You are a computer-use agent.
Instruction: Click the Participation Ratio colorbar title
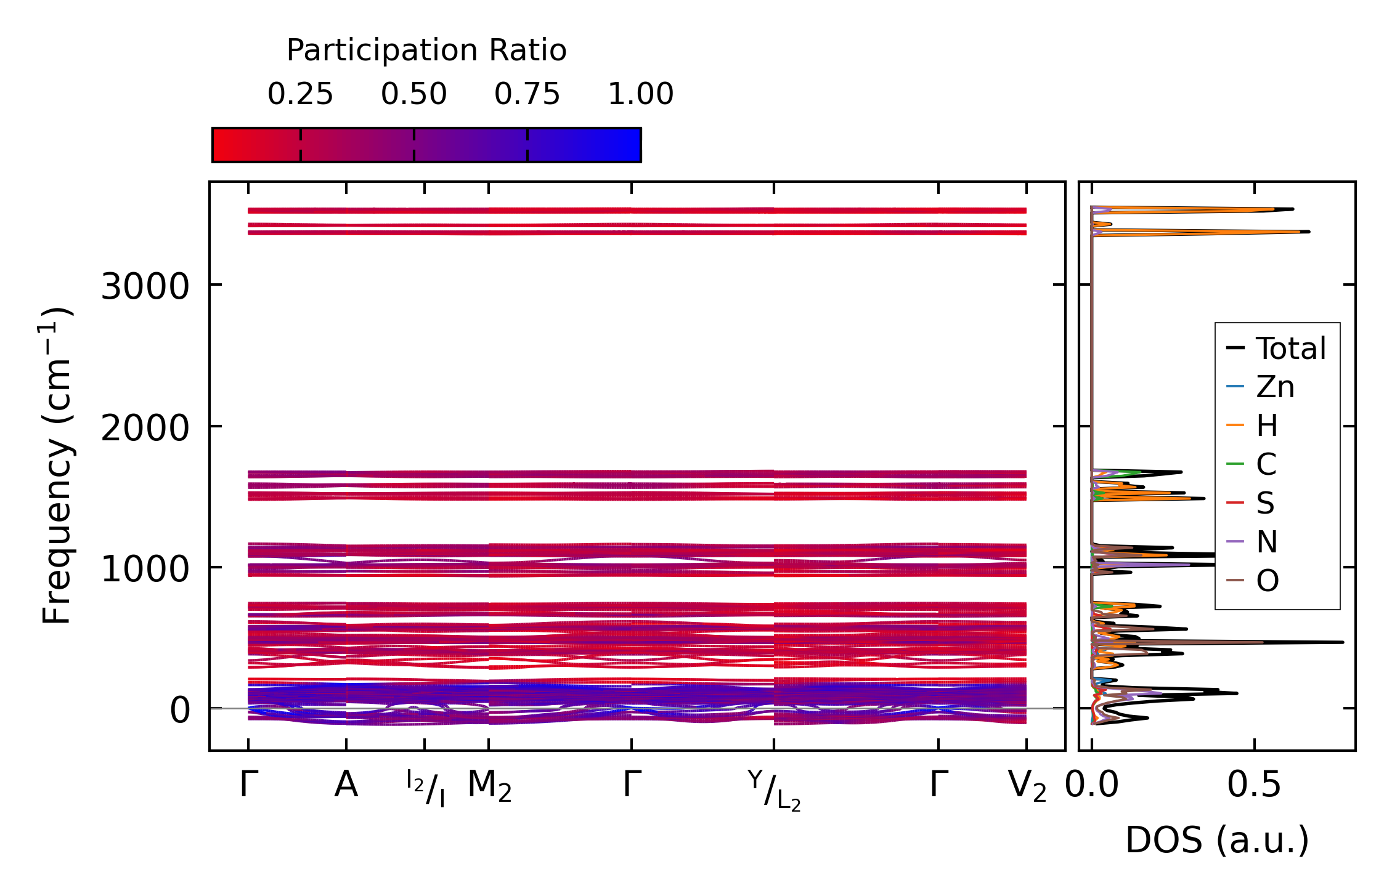426,50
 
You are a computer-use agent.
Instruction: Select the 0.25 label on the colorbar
300,95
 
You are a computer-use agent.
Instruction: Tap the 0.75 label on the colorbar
527,95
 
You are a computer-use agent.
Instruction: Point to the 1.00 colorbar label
640,95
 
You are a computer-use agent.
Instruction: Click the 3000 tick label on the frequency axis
145,286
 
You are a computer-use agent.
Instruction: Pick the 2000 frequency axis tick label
145,428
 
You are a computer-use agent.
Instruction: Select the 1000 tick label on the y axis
145,569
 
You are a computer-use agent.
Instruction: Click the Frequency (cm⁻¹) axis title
57,466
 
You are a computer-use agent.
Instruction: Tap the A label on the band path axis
346,785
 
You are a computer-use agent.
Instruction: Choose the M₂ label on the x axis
489,786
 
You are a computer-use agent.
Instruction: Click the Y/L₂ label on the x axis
774,790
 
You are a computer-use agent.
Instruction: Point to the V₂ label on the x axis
1027,786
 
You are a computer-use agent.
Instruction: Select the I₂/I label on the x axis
425,788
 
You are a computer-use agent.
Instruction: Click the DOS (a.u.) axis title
1217,841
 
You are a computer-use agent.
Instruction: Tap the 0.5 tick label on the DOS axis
1254,786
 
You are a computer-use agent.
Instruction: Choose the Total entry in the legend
1290,349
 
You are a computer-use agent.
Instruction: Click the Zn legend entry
1274,387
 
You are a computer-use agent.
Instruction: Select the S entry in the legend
1265,503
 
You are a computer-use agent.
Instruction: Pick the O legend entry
1268,581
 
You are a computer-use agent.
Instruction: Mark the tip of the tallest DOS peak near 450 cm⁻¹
1343,642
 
